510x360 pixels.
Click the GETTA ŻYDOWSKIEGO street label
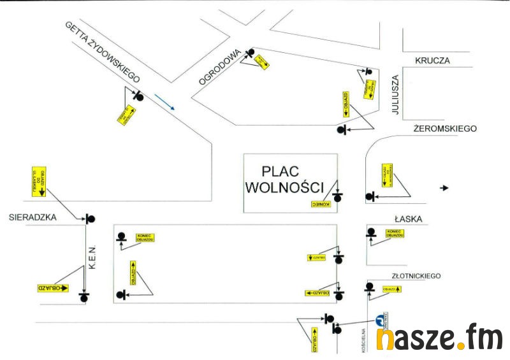[x=102, y=52]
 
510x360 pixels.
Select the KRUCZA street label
[x=432, y=61]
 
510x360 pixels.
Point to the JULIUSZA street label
[x=395, y=95]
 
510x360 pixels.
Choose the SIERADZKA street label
[x=33, y=217]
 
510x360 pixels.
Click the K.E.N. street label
[x=92, y=257]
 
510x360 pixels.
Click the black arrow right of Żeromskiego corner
[x=445, y=188]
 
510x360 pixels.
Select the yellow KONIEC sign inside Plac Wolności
[x=323, y=204]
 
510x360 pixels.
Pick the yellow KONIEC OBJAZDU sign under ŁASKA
[x=395, y=234]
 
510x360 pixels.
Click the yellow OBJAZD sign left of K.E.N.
[x=53, y=288]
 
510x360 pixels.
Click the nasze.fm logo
[x=439, y=338]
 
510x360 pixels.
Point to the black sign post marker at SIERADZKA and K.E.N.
[x=90, y=219]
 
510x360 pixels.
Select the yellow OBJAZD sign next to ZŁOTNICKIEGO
[x=391, y=289]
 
